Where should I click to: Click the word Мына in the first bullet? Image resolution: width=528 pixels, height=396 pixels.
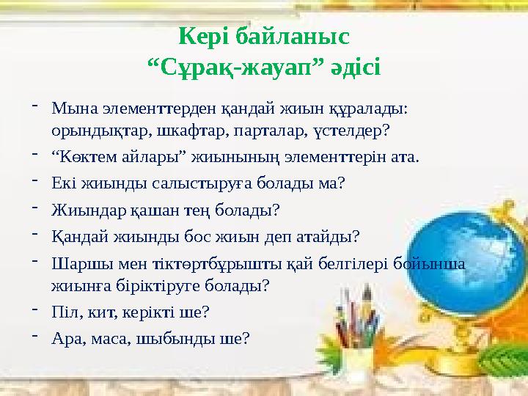pos(70,109)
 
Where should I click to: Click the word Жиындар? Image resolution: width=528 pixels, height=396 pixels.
pos(80,210)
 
